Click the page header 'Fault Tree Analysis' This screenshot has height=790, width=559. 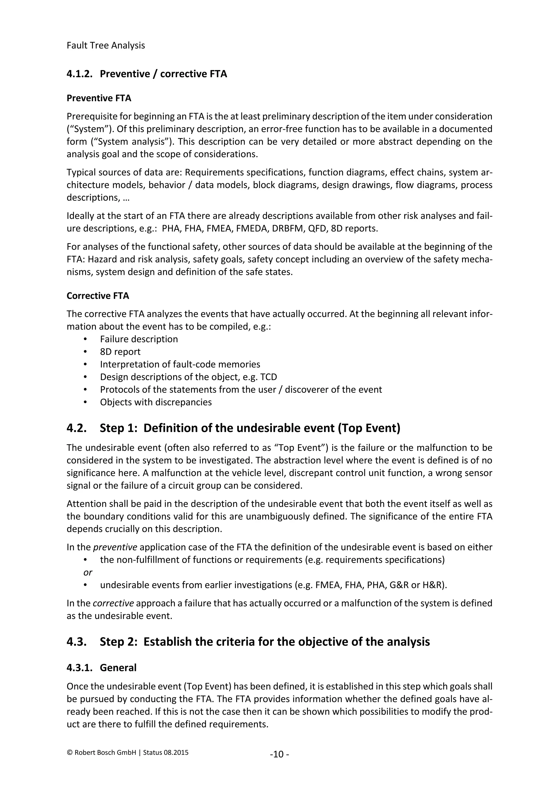pyautogui.click(x=106, y=45)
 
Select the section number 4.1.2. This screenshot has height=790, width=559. pyautogui.click(x=79, y=74)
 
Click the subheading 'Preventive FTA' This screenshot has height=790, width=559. pyautogui.click(x=99, y=98)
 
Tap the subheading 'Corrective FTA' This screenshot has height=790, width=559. pyautogui.click(x=98, y=296)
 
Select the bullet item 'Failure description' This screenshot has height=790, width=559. pyautogui.click(x=139, y=339)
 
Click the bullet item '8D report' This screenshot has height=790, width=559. pyautogui.click(x=120, y=352)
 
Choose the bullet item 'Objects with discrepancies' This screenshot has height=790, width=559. pyautogui.click(x=156, y=402)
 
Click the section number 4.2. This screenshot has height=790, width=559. pyautogui.click(x=76, y=428)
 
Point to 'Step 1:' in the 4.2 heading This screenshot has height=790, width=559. pyautogui.click(x=118, y=428)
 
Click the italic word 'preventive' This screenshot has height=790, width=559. pyautogui.click(x=115, y=547)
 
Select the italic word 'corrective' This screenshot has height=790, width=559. pyautogui.click(x=113, y=603)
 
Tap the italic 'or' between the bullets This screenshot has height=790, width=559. pyautogui.click(x=88, y=572)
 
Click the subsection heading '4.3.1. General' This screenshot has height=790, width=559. pyautogui.click(x=102, y=668)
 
